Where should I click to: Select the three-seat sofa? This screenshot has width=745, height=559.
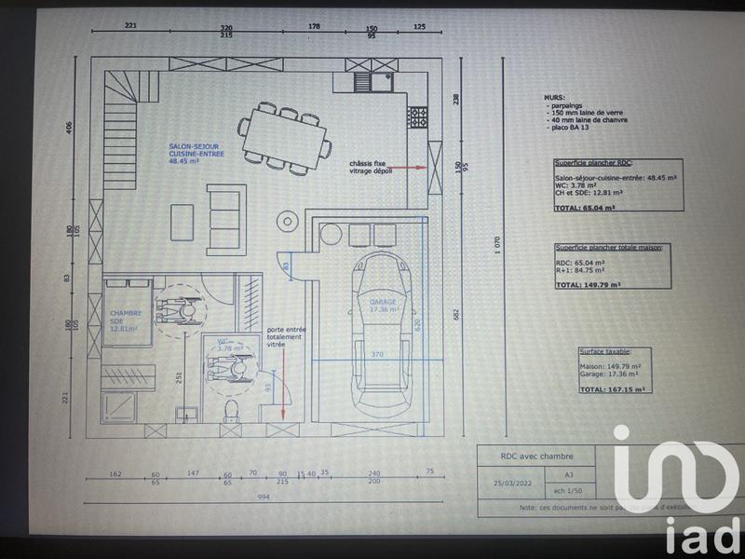pos(226,219)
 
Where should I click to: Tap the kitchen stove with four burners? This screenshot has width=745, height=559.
pos(418,117)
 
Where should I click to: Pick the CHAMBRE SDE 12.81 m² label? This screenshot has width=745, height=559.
pos(123,320)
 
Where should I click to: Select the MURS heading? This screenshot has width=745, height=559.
pos(553,97)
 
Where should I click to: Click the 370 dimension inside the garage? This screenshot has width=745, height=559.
pos(378,355)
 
